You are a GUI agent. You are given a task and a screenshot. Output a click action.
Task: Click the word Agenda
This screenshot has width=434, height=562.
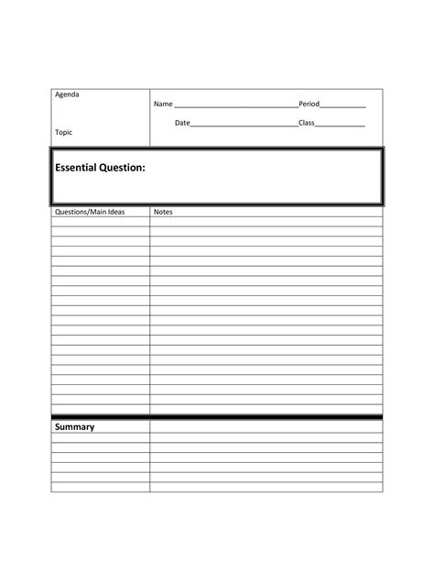pos(67,95)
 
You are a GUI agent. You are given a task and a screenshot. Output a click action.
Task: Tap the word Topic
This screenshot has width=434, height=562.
pos(63,132)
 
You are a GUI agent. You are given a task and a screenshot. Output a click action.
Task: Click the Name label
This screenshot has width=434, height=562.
pos(163,105)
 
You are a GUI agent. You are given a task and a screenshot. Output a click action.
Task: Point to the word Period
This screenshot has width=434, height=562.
pos(309,105)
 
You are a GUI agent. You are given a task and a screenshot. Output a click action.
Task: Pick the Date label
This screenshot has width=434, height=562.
pos(183,123)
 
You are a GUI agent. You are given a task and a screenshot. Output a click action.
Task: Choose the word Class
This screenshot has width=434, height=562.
pos(307,123)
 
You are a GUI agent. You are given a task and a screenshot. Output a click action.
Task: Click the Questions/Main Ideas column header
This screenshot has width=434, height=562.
pos(90,212)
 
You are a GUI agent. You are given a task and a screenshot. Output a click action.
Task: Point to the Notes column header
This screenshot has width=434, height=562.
pos(163,212)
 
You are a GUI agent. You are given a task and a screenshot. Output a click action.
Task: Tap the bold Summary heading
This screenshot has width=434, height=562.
pos(74,427)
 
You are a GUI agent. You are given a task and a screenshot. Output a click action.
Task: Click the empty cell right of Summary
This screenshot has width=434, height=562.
pos(266,427)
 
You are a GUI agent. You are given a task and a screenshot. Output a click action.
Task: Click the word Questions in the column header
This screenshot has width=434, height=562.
pos(72,212)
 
